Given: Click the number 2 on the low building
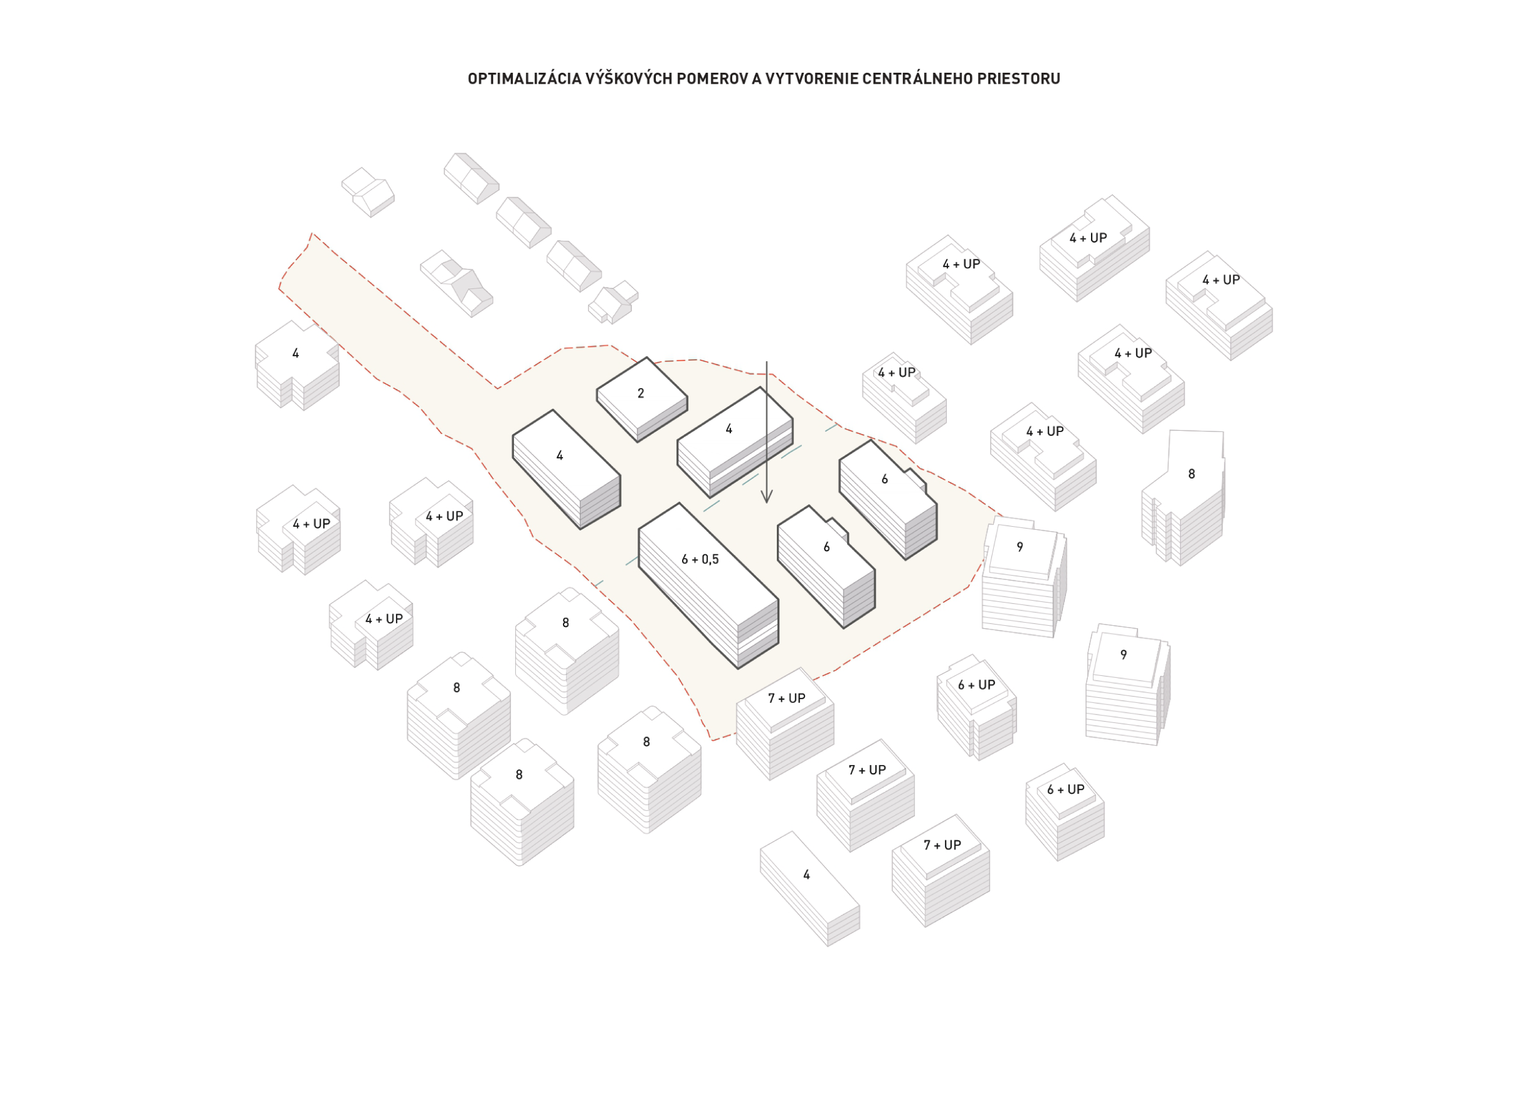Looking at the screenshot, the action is pos(641,394).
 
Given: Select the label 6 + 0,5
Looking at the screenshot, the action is pos(700,559).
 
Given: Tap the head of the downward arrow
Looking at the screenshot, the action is pos(766,499).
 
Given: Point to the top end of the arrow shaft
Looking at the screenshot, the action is pos(766,363).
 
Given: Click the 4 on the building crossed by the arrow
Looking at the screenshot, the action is pos(729,429).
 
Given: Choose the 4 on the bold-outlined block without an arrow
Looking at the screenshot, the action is pos(559,456).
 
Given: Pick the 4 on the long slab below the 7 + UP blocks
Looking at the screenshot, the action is pos(806,875).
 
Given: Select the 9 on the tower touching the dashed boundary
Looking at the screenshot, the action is pos(1020,547).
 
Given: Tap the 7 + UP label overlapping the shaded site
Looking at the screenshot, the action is pos(786,698).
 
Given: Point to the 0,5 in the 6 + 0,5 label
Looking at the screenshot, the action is pos(710,559).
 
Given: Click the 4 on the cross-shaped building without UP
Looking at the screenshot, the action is pos(295,354).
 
